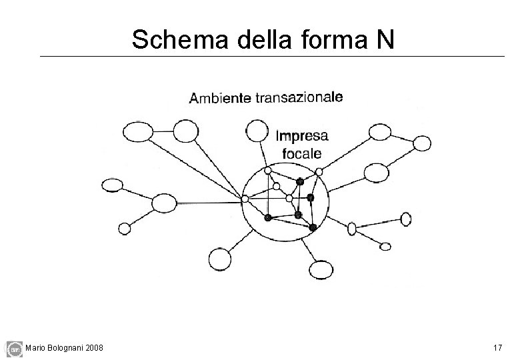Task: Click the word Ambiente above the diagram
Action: tap(220, 99)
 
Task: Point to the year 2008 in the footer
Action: tap(94, 348)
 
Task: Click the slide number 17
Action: tap(497, 348)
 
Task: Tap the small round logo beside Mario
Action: tap(13, 348)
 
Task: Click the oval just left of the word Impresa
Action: tap(256, 129)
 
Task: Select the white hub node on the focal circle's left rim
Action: tap(245, 199)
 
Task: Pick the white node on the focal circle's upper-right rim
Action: tap(319, 171)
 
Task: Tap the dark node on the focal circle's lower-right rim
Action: tap(313, 227)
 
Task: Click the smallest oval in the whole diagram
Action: tap(385, 246)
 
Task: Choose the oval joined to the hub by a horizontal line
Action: tap(164, 202)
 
